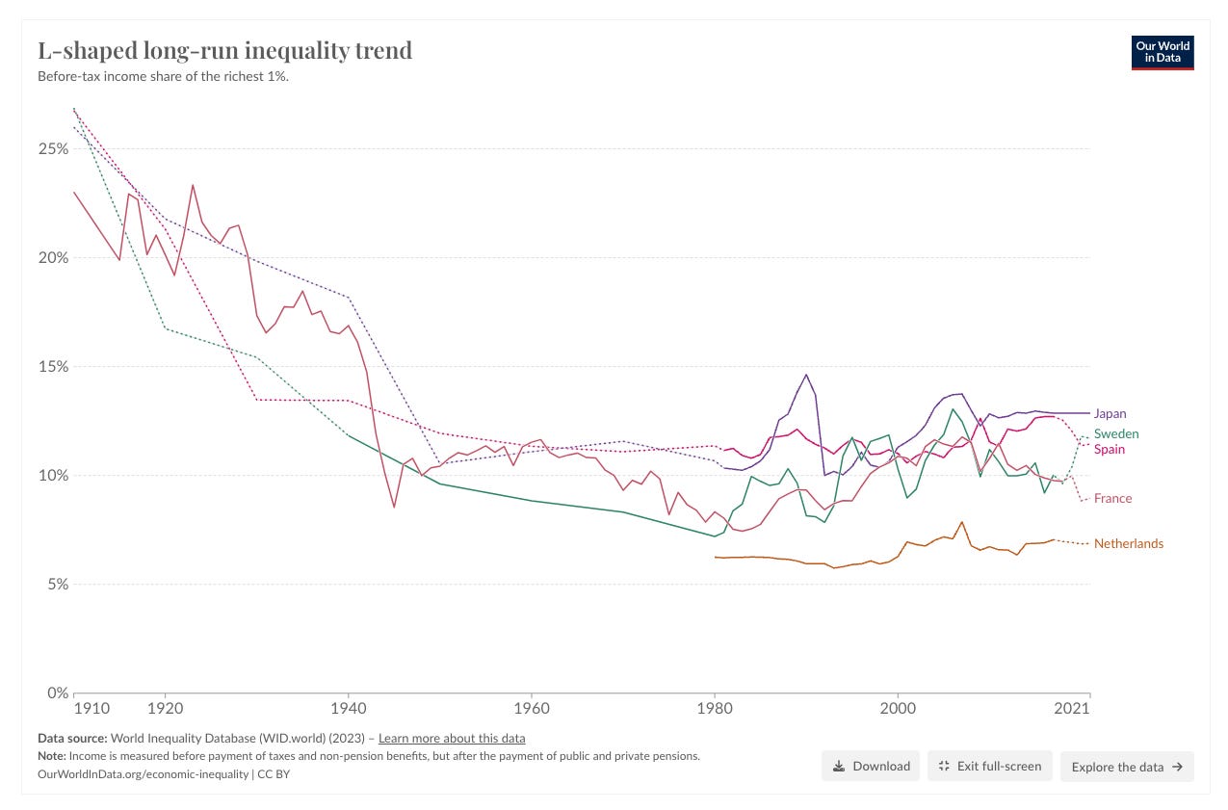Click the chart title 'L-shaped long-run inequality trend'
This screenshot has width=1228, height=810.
[x=224, y=50]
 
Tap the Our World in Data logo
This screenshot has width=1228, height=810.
[x=1163, y=53]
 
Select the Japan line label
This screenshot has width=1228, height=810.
[x=1110, y=413]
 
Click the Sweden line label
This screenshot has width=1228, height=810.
[x=1115, y=433]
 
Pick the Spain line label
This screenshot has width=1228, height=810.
[x=1109, y=449]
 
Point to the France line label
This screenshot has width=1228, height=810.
[x=1112, y=498]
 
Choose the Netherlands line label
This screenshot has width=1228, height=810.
[x=1128, y=543]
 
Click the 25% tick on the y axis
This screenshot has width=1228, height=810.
[x=53, y=149]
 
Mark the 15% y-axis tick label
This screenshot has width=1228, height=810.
[x=53, y=367]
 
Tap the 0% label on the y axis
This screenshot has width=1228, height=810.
[x=57, y=692]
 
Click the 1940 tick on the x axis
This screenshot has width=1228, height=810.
[x=348, y=709]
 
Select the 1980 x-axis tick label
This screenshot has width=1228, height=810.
[x=714, y=709]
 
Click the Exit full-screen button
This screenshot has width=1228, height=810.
[x=989, y=766]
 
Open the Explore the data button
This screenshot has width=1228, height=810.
[x=1127, y=767]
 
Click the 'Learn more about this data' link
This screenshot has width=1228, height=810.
[x=452, y=739]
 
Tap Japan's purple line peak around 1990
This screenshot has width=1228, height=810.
[x=806, y=375]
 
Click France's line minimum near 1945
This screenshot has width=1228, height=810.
[x=394, y=507]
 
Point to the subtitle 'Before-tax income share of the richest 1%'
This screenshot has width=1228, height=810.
[x=163, y=76]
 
